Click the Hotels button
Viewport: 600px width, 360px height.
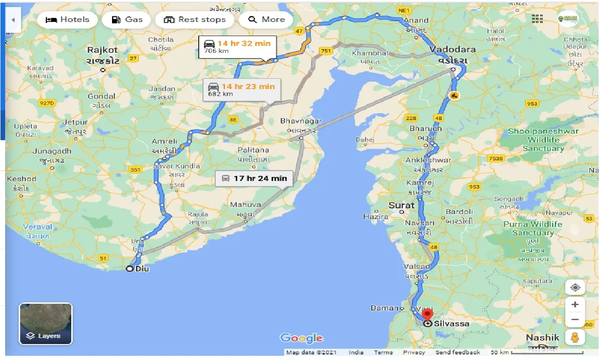tap(67, 20)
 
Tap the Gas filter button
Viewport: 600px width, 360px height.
tap(126, 20)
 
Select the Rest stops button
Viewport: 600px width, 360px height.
tap(194, 20)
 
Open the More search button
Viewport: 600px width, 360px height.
tap(266, 20)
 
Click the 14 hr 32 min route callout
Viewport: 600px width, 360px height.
tap(237, 46)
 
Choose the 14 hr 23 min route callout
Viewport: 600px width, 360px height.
tap(241, 90)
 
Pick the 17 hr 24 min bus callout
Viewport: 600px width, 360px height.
tap(254, 179)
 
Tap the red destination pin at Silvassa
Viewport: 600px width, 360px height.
tap(427, 315)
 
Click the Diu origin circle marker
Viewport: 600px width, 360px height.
tap(130, 269)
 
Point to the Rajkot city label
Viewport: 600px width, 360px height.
tap(102, 50)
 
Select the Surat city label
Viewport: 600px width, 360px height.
tap(401, 205)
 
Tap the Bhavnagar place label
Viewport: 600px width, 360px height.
tap(301, 121)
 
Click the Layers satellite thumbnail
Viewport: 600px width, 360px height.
tap(45, 324)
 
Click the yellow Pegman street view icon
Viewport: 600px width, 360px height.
tap(575, 337)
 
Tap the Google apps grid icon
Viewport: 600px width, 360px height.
tap(537, 19)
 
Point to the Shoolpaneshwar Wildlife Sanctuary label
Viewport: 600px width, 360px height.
tap(543, 140)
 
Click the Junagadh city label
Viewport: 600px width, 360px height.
tap(52, 151)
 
